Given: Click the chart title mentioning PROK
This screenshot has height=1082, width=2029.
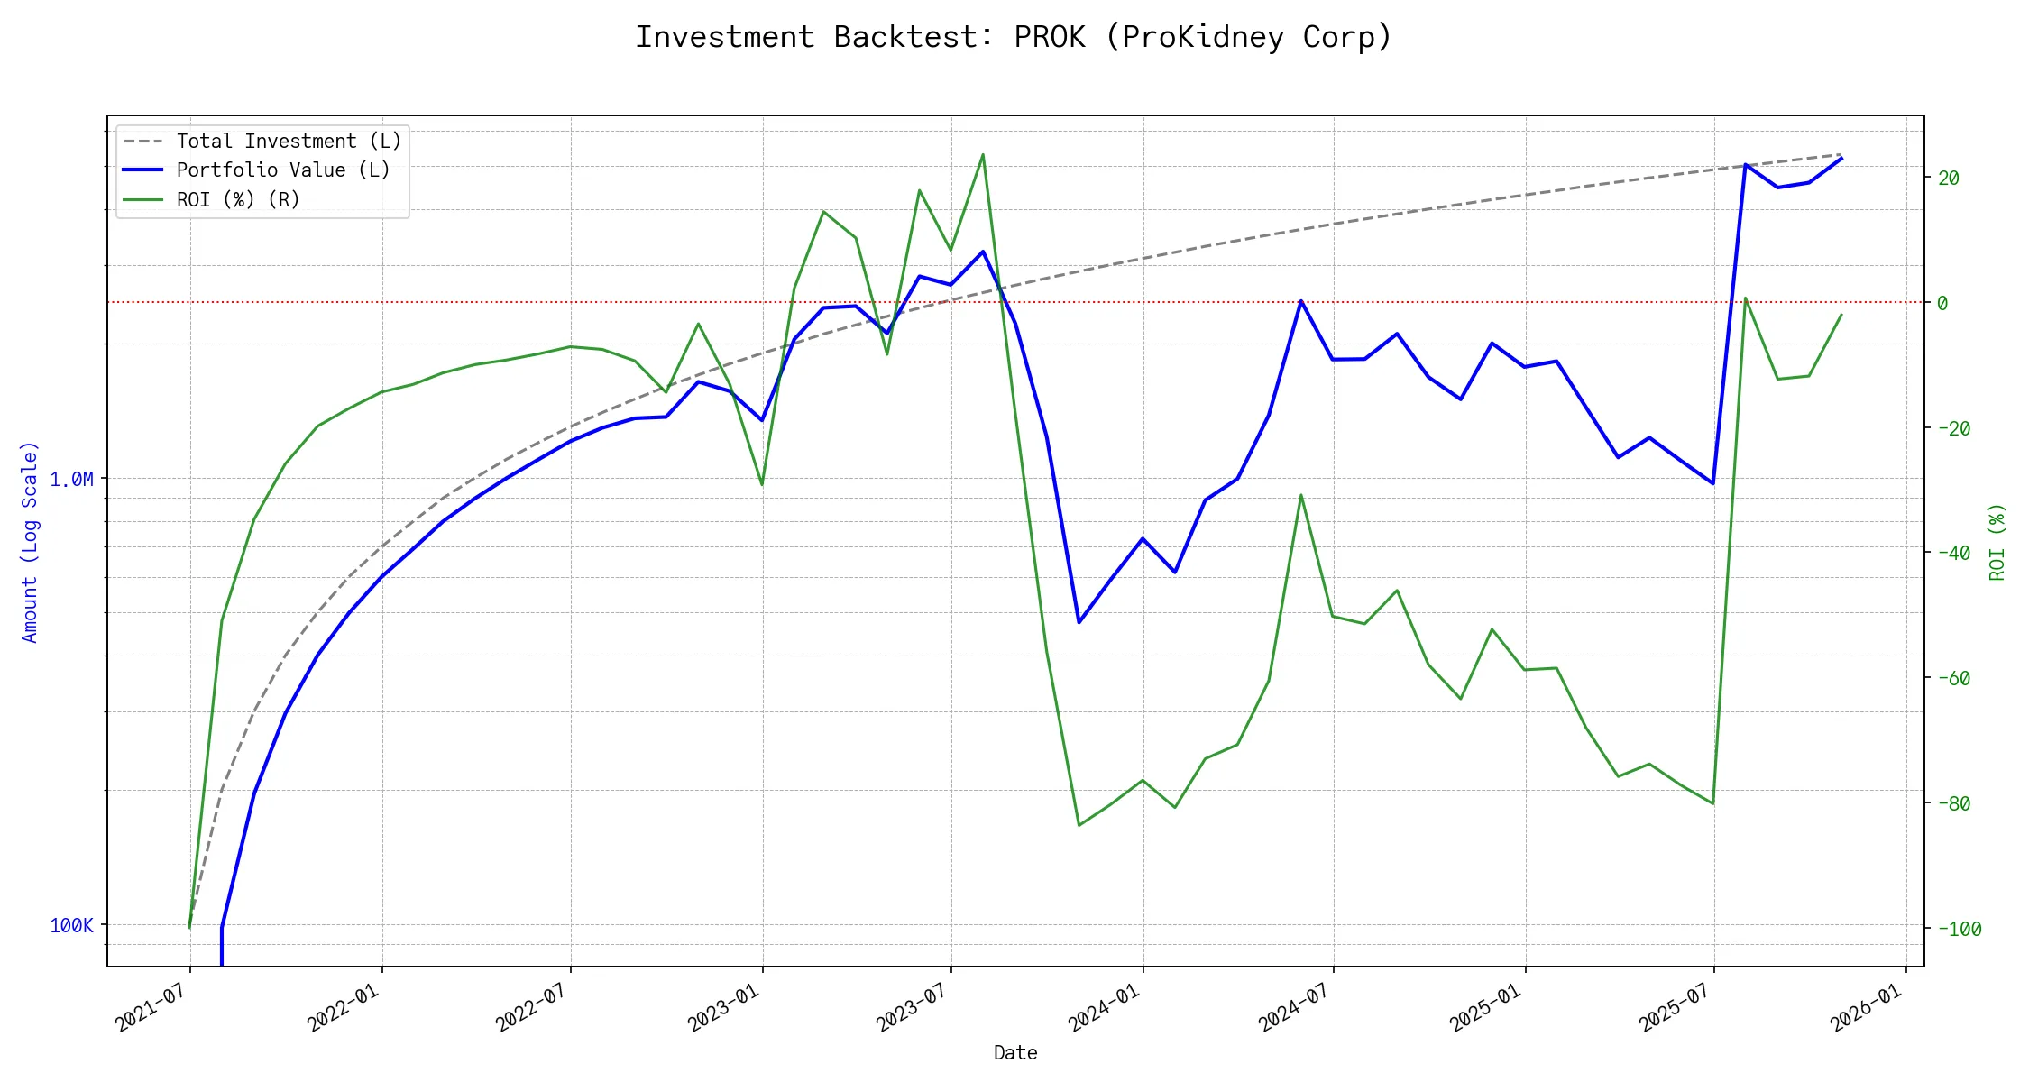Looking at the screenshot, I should tap(1014, 37).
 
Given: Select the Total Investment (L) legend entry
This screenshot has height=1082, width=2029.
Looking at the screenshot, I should tap(289, 142).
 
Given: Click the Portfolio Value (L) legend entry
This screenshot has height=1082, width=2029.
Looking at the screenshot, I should tap(283, 170).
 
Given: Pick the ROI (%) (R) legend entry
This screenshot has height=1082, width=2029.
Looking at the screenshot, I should tap(238, 199).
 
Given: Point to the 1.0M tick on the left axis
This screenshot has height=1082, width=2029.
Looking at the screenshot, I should tap(71, 479).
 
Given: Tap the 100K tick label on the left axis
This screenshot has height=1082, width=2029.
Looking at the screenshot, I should tap(71, 925).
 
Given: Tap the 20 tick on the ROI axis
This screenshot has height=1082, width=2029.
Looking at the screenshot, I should tap(1949, 178).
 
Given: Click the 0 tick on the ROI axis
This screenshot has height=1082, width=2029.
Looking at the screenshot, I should tap(1942, 303).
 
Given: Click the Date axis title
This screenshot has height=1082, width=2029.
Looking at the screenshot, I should tap(1015, 1052).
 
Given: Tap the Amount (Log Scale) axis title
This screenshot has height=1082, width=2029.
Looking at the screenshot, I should tap(30, 542).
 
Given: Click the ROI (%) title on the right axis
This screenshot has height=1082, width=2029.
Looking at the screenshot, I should tap(1997, 542).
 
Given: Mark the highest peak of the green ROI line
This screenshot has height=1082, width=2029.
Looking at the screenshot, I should tap(983, 154).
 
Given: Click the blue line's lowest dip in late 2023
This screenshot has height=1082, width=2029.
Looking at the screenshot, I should tap(1079, 622).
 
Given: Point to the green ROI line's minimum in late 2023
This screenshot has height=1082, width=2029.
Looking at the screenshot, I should tap(1079, 825).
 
